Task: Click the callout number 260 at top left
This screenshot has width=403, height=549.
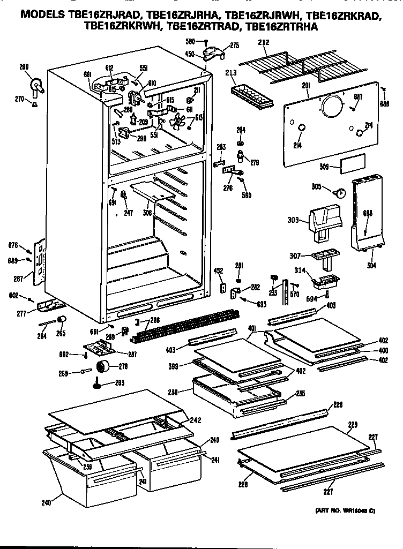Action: (x=24, y=67)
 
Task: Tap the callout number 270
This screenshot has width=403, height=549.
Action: (x=19, y=99)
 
